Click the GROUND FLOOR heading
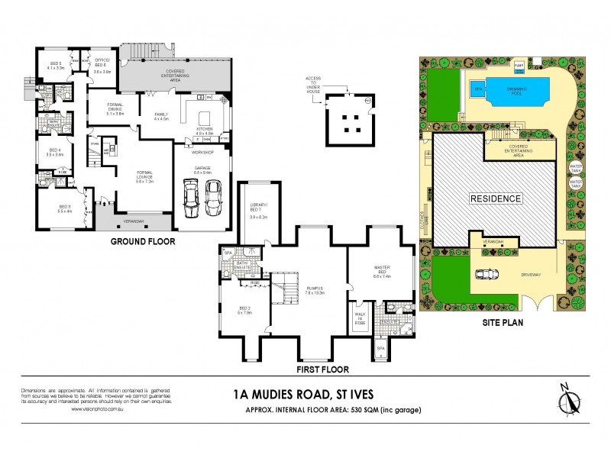[143, 241]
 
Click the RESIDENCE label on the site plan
[495, 198]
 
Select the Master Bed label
[381, 269]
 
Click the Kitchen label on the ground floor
[205, 131]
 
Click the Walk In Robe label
[360, 320]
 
